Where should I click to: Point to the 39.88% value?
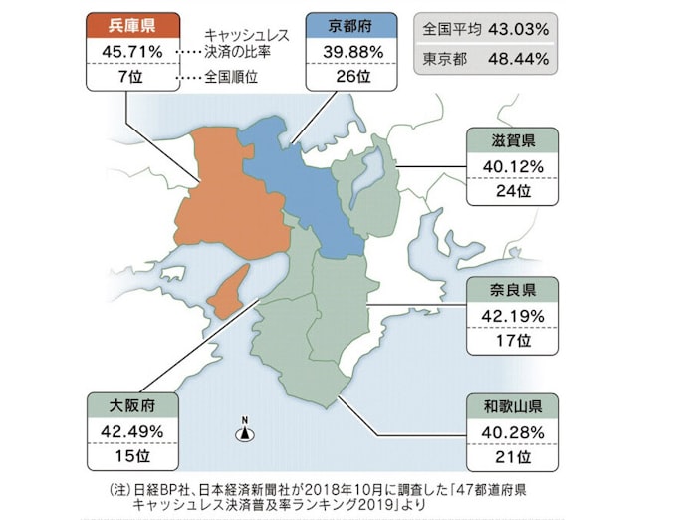coord(348,50)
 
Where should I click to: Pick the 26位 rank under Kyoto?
coord(348,76)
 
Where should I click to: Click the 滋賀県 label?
coord(511,140)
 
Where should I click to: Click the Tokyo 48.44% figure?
coord(518,58)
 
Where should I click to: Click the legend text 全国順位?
coord(231,76)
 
